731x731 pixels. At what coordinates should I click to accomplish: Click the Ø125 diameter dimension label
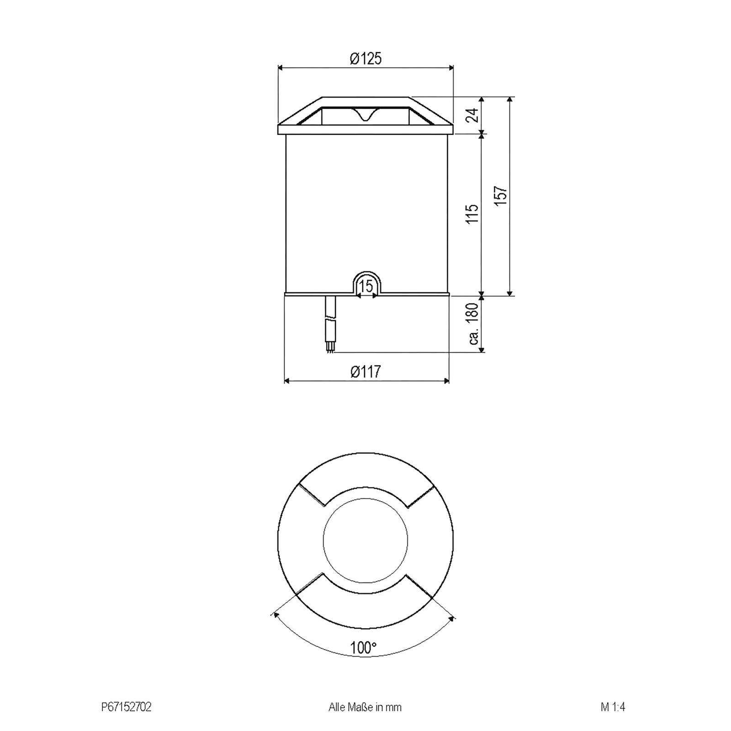(365, 58)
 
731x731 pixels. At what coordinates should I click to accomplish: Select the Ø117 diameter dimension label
(365, 372)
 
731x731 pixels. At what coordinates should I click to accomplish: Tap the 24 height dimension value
(474, 115)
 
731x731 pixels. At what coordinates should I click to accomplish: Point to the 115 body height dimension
(474, 213)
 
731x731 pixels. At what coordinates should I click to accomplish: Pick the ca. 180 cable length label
(474, 323)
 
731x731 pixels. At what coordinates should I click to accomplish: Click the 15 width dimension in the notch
(366, 286)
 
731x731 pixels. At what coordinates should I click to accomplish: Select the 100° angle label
(363, 647)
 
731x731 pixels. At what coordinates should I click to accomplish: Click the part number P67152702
(126, 707)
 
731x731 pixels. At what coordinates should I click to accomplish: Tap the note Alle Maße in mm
(365, 707)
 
